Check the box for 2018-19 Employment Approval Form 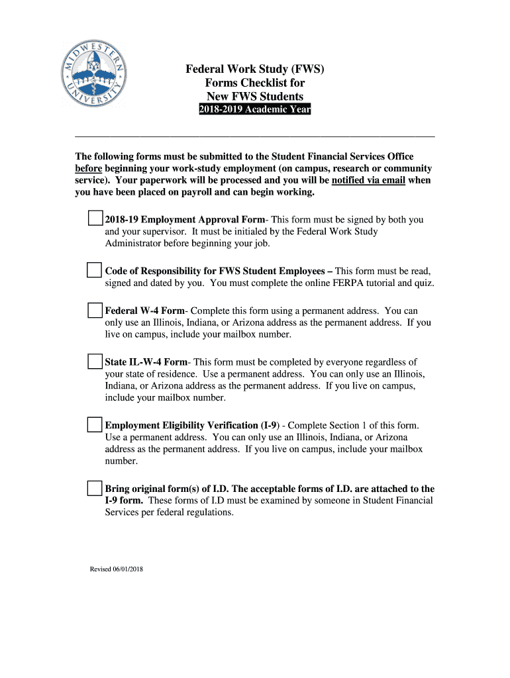(95, 218)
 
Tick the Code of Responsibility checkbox (95, 270)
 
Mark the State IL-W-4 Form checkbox (95, 362)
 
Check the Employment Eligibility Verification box (95, 424)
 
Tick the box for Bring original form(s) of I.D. (95, 489)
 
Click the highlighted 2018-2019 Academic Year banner (254, 110)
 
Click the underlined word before (88, 168)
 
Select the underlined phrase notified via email (368, 180)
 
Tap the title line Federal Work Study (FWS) (255, 69)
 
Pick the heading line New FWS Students (255, 97)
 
